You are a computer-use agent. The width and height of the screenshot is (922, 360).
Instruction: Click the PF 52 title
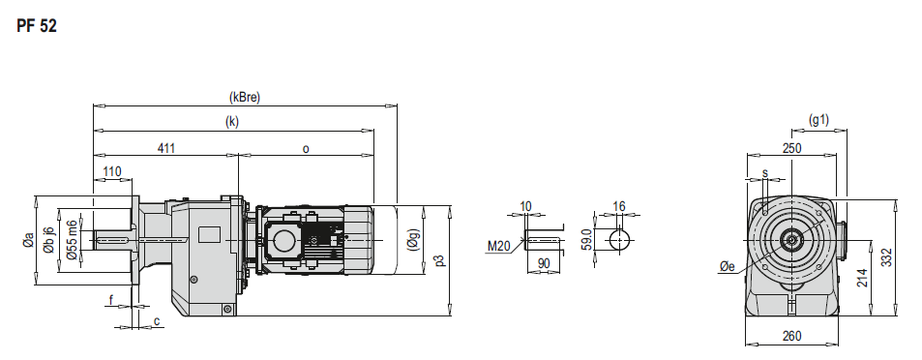pos(37,26)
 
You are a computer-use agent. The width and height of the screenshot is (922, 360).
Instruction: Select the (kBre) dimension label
pos(244,97)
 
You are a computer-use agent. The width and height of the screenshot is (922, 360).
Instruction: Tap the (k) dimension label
pos(232,122)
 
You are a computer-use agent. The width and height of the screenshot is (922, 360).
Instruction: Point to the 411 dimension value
pos(166,148)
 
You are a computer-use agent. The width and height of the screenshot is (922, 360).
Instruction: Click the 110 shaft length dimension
pos(111,171)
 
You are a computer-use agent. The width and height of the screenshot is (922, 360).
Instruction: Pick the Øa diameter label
pos(28,241)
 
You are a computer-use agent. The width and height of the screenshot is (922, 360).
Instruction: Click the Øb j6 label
pos(49,240)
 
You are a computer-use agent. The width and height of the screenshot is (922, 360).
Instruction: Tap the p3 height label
pos(440,259)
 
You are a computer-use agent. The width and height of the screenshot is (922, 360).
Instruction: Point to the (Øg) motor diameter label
pos(413,240)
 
